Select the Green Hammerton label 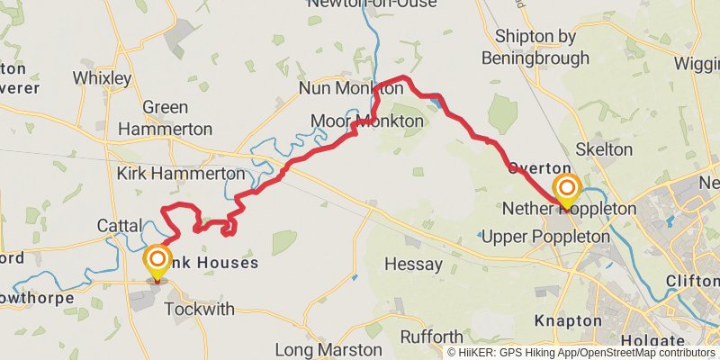tap(166, 118)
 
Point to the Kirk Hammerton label tap(180, 173)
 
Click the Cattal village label tap(121, 225)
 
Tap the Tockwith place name tap(200, 310)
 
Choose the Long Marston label tap(316, 349)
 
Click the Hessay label tap(413, 264)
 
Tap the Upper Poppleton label tap(545, 237)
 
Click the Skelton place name tap(603, 149)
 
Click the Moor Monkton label tap(366, 121)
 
